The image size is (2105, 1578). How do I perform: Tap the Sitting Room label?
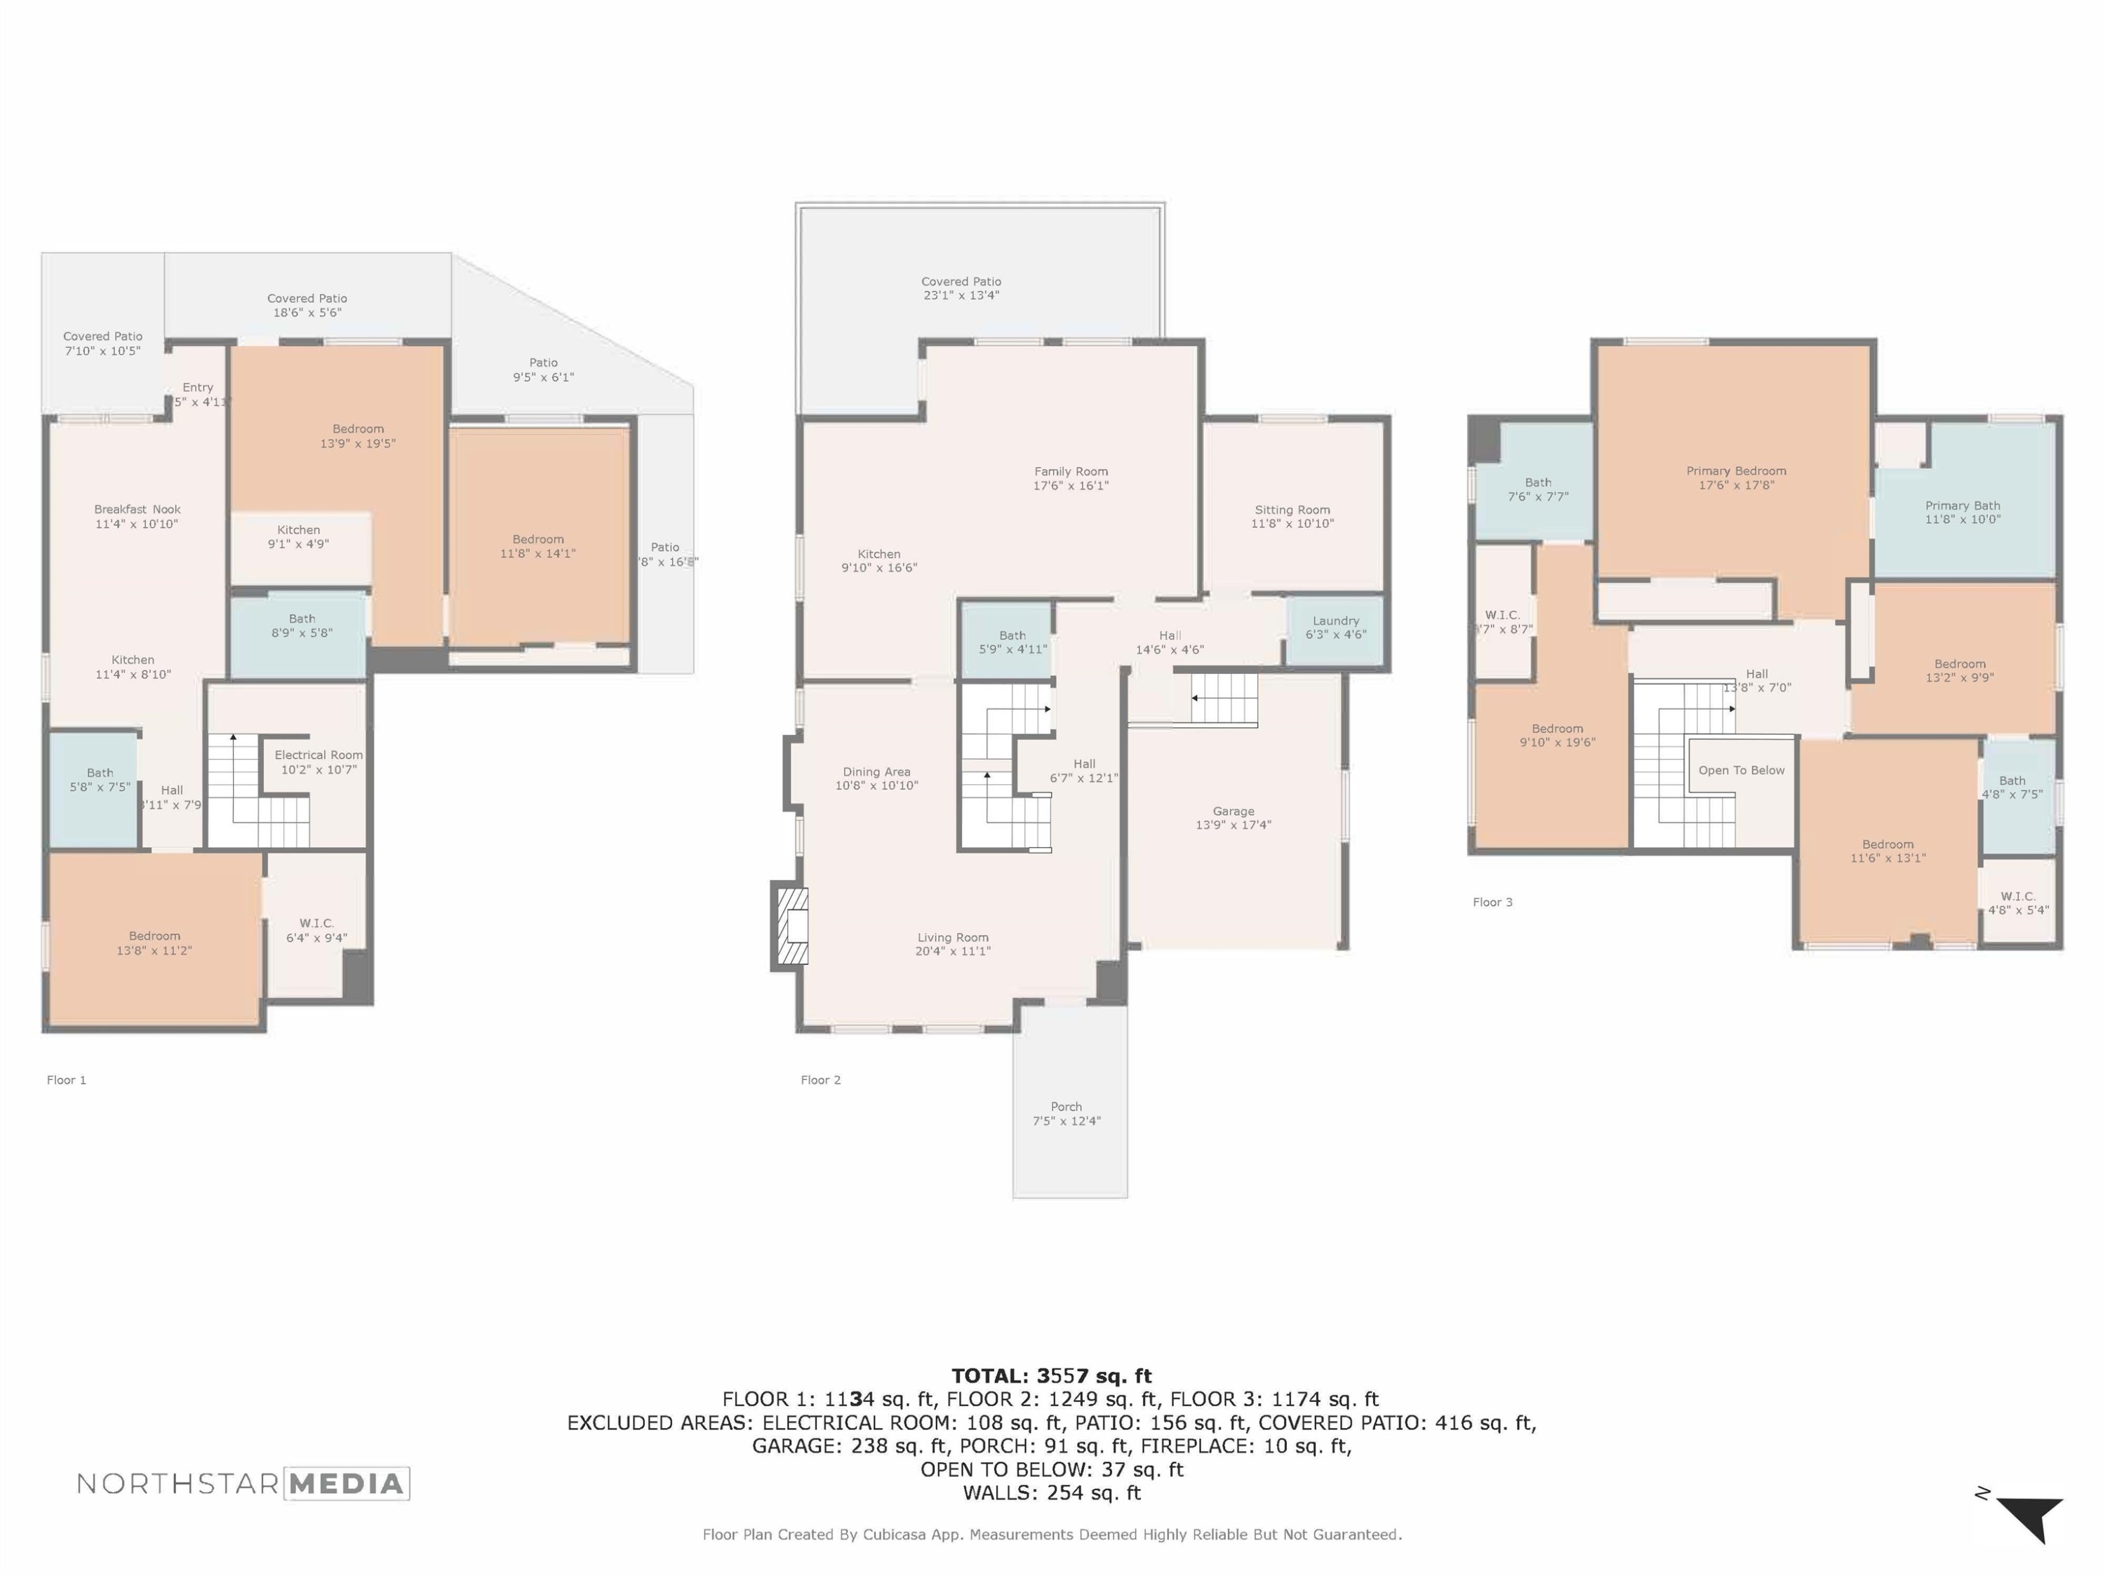(x=1291, y=510)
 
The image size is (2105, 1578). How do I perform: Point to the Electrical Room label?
(x=319, y=755)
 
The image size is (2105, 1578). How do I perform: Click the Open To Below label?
(x=1742, y=771)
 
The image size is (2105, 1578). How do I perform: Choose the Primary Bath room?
(x=1963, y=513)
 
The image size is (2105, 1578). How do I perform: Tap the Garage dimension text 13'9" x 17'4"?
(x=1234, y=825)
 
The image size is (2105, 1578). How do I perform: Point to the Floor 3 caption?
(x=1492, y=902)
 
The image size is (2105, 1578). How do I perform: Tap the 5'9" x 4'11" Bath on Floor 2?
(x=1013, y=642)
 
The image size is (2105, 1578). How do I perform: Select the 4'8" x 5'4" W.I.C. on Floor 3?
(x=2017, y=903)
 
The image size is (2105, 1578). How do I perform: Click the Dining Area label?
(x=876, y=772)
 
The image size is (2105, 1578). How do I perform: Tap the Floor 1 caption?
(x=67, y=1079)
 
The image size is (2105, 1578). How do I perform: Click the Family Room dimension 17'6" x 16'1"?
(x=1071, y=486)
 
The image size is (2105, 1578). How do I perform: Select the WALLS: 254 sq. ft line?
(x=1052, y=1493)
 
